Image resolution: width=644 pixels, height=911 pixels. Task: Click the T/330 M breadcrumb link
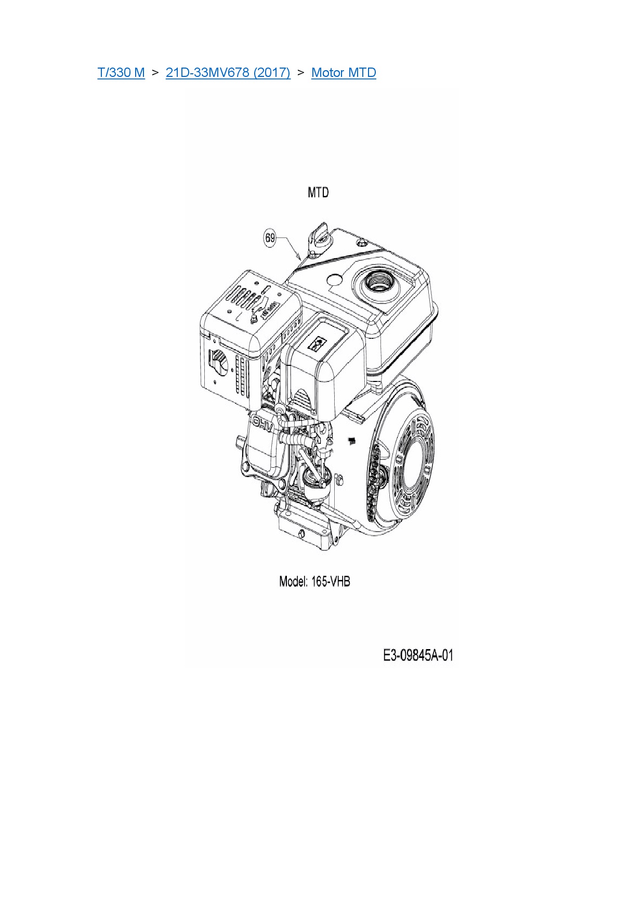coord(121,72)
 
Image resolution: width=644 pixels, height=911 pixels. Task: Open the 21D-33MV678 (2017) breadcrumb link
coord(228,72)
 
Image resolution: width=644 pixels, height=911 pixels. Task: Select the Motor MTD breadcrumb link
coord(344,72)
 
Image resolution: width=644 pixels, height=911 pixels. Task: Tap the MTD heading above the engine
coord(318,192)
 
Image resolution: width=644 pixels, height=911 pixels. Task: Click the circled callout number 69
coord(270,238)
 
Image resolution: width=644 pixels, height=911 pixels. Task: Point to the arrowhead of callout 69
coord(299,257)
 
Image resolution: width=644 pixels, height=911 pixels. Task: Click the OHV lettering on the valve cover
coord(262,424)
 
